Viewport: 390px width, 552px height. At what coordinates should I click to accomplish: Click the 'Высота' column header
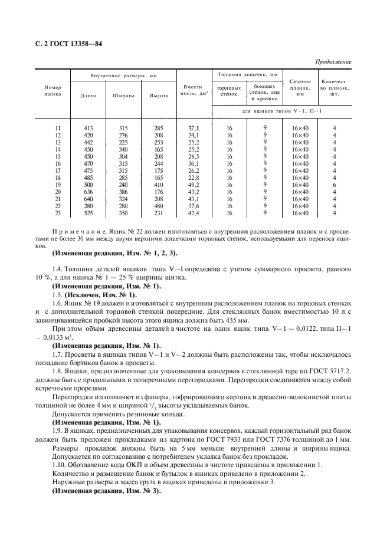pos(158,95)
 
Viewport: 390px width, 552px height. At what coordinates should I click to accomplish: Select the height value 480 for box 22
pos(158,206)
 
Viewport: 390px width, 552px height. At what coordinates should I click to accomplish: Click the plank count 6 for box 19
pos(334,185)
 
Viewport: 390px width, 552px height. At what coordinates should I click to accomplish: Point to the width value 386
pos(123,192)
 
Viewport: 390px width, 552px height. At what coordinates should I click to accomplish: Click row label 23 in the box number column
pos(57,213)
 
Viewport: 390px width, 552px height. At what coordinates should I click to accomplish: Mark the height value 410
pos(158,185)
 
